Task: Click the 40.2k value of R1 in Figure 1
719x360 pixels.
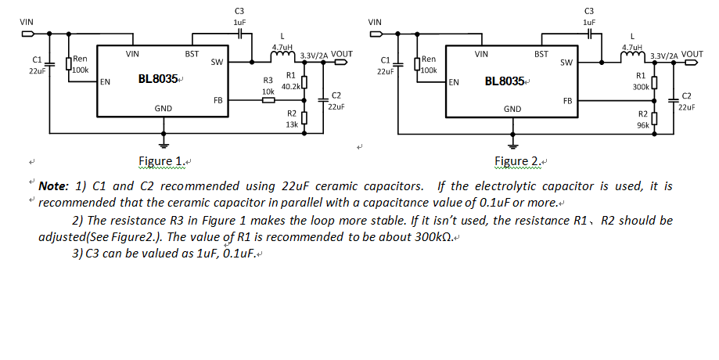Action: point(291,85)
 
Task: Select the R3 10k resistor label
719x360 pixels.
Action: point(268,86)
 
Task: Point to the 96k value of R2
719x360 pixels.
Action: point(643,124)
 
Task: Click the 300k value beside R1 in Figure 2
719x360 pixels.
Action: point(640,86)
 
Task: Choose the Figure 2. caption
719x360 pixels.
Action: point(518,162)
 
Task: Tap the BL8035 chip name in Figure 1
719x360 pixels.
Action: point(158,80)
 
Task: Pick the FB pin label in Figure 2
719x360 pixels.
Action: point(567,101)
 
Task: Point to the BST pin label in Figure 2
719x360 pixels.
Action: point(541,54)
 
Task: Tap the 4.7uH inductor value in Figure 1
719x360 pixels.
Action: point(282,48)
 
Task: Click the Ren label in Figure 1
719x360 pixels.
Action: point(81,59)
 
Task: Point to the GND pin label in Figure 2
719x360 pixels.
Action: point(512,108)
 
